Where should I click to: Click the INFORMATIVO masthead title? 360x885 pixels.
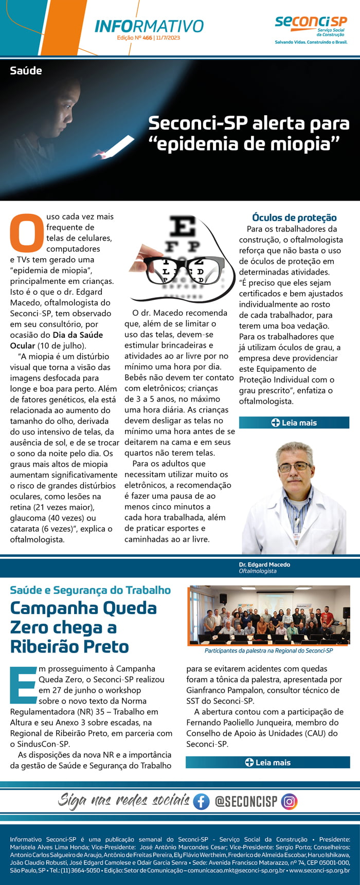tap(149, 26)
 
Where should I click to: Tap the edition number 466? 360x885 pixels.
tap(147, 38)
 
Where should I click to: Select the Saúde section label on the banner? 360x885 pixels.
tap(26, 71)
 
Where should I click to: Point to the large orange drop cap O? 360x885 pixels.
tap(27, 233)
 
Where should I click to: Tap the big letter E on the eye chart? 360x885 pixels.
tap(183, 227)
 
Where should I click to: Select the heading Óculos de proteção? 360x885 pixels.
tap(294, 218)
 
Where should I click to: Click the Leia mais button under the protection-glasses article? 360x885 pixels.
tap(294, 423)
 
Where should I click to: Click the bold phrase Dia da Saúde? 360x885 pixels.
tap(78, 335)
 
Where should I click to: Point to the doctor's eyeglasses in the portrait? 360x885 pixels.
tap(294, 466)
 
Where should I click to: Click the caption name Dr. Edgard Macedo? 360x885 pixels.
tap(264, 565)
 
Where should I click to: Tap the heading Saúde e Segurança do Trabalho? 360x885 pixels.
tap(91, 590)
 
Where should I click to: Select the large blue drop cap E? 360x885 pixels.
tap(23, 685)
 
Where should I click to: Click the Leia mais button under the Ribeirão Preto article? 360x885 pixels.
tap(267, 762)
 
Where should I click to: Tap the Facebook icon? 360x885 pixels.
tap(201, 801)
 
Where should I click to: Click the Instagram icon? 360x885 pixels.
tap(290, 801)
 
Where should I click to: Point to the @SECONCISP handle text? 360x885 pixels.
tap(246, 801)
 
